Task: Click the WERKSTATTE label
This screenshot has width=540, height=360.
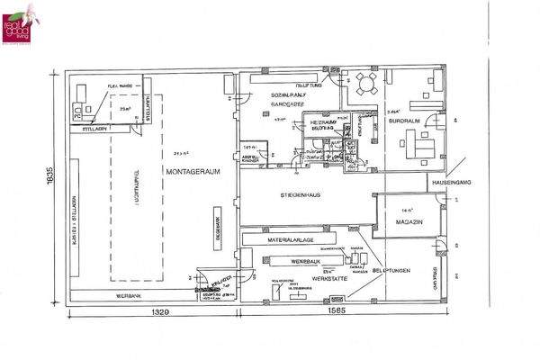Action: tap(301, 277)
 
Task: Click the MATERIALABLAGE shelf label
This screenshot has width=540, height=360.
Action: tap(291, 240)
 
